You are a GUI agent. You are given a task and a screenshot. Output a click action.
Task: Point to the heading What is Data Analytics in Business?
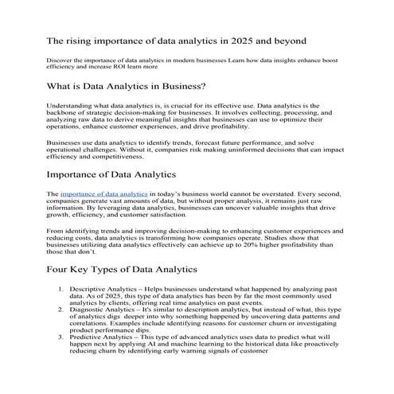(x=127, y=86)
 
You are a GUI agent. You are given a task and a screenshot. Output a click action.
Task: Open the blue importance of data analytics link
(x=103, y=193)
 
